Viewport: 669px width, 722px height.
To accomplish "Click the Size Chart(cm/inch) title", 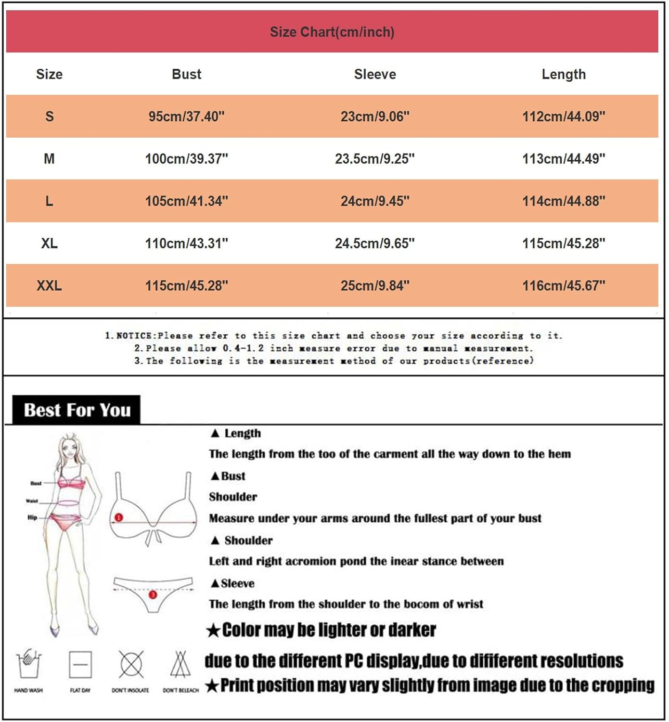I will click(332, 32).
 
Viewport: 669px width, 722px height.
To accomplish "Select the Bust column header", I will click(186, 74).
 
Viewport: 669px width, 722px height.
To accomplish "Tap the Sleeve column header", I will click(375, 74).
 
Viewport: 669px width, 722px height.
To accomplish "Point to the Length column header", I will click(564, 74).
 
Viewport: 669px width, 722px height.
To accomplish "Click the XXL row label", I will click(49, 285).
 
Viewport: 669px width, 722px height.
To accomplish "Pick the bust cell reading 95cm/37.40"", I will click(186, 116).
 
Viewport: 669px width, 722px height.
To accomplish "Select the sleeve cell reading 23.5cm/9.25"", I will click(375, 159).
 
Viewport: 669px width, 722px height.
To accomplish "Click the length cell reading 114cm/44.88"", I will click(564, 201).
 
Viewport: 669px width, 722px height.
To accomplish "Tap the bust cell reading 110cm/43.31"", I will click(186, 244).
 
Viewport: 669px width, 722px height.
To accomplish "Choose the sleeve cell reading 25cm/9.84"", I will click(375, 285).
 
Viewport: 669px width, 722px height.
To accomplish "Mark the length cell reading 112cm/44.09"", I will click(564, 116).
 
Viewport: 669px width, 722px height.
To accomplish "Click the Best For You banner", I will click(77, 410).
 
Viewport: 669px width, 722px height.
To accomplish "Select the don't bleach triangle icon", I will click(180, 664).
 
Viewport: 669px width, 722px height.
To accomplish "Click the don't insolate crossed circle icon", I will click(131, 664).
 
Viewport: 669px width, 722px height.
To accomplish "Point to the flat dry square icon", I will click(80, 665).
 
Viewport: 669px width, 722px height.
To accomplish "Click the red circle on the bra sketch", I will click(119, 517).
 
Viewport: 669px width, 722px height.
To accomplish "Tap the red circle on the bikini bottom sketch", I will click(153, 594).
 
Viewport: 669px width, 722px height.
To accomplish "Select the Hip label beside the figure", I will click(32, 517).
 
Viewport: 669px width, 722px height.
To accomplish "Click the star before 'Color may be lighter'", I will click(213, 630).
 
